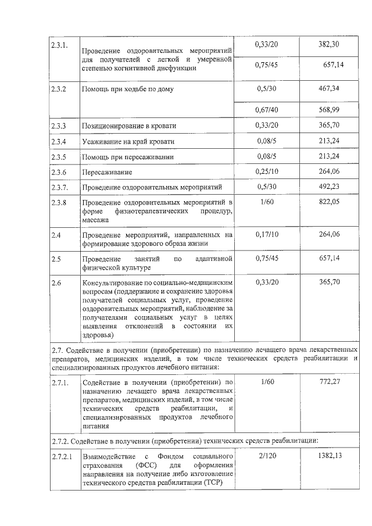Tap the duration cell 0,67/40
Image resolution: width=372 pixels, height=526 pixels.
pyautogui.click(x=267, y=110)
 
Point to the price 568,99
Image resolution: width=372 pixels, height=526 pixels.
pyautogui.click(x=328, y=110)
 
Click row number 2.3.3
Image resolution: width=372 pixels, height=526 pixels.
pyautogui.click(x=58, y=126)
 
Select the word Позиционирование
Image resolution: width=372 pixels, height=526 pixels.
pyautogui.click(x=114, y=126)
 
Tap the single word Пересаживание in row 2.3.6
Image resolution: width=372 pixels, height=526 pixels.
pyautogui.click(x=108, y=173)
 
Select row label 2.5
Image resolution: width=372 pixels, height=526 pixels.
pyautogui.click(x=56, y=257)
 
